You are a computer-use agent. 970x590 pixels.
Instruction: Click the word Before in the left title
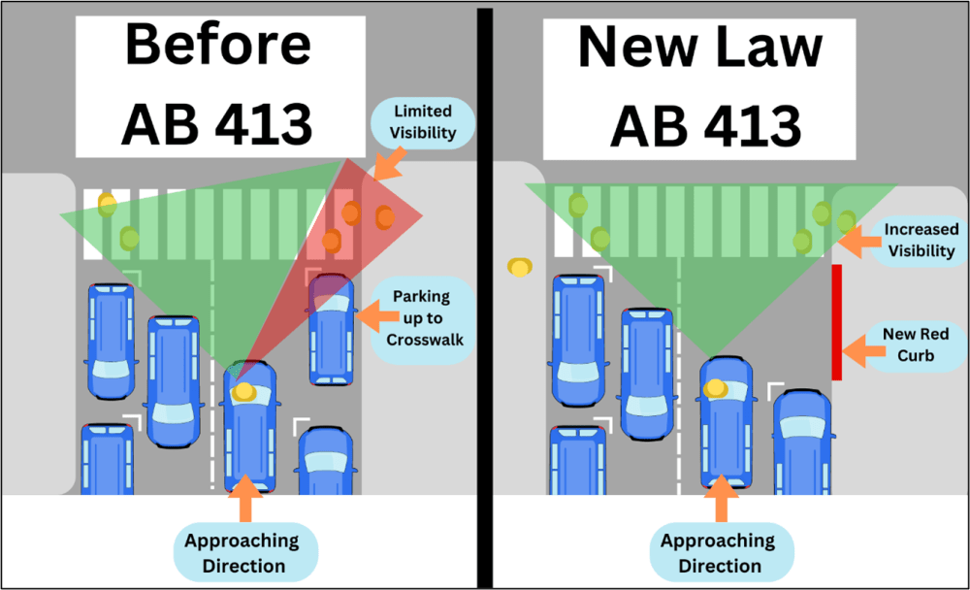pyautogui.click(x=218, y=45)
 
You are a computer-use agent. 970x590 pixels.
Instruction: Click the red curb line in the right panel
pyautogui.click(x=836, y=320)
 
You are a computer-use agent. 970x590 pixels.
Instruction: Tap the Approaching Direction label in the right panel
pyautogui.click(x=718, y=552)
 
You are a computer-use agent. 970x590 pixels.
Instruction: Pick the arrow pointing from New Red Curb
pyautogui.click(x=858, y=345)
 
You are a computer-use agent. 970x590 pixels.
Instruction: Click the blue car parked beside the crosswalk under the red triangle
pyautogui.click(x=332, y=329)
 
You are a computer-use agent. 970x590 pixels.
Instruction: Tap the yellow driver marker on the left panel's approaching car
pyautogui.click(x=243, y=391)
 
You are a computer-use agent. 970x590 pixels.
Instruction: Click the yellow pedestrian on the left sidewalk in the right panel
pyautogui.click(x=521, y=266)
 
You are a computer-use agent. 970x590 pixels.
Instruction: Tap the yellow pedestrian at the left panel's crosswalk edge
pyautogui.click(x=106, y=205)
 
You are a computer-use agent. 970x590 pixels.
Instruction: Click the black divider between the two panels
pyautogui.click(x=484, y=291)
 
